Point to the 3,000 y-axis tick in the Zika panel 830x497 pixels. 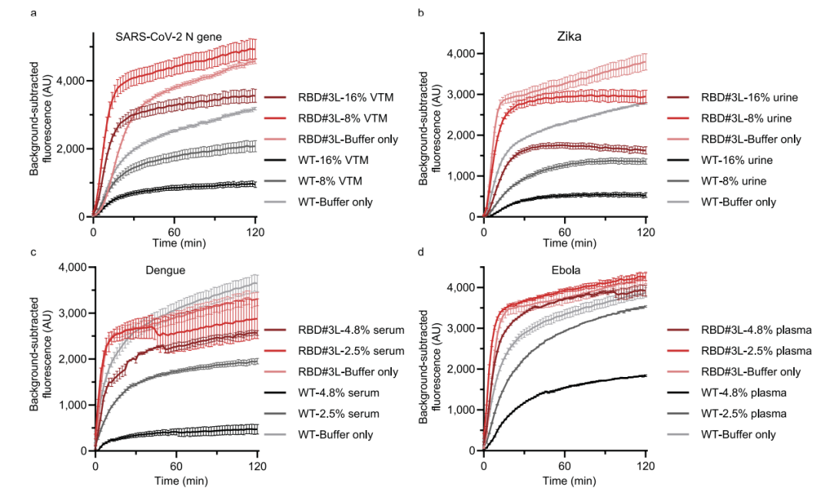(461, 95)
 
